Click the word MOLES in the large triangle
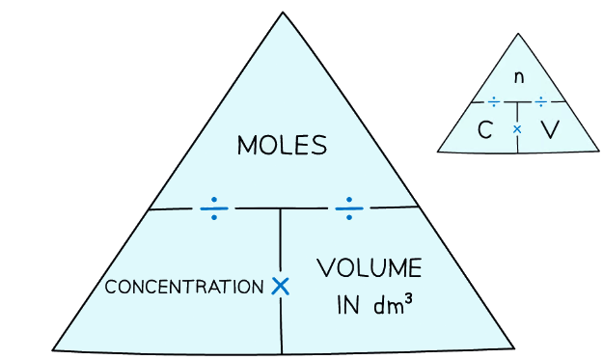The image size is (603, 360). tap(282, 147)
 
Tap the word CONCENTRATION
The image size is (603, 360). tap(183, 288)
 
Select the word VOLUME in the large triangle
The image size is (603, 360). tap(369, 268)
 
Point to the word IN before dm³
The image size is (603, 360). tap(347, 306)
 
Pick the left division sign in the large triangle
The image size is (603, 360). tap(214, 208)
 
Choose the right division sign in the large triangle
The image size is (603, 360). tap(349, 207)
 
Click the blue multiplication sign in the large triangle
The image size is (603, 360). tap(280, 286)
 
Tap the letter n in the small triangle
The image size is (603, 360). tap(519, 77)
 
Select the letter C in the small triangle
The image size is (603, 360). tap(486, 129)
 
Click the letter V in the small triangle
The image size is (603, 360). tap(549, 129)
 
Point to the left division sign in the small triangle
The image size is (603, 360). tap(494, 101)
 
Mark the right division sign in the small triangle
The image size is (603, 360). tap(540, 101)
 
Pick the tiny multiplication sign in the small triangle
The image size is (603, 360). tap(517, 128)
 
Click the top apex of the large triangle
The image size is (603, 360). tap(283, 13)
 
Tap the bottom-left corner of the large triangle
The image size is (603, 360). tap(53, 349)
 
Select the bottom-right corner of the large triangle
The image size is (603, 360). tap(513, 347)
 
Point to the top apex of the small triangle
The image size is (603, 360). tap(518, 34)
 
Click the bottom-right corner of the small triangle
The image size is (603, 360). tap(599, 151)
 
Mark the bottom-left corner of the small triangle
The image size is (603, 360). tap(438, 151)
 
